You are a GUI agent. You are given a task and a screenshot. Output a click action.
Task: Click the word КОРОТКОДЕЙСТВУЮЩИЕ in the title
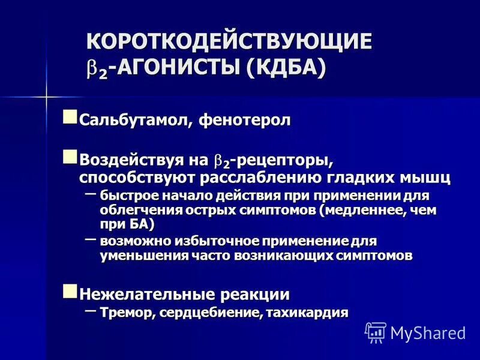pyautogui.click(x=230, y=43)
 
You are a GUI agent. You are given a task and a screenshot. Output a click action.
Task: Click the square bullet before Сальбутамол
pyautogui.click(x=71, y=116)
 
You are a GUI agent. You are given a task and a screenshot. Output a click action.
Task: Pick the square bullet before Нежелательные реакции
pyautogui.click(x=71, y=291)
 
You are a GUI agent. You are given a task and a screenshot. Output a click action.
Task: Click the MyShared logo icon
pyautogui.click(x=376, y=332)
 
